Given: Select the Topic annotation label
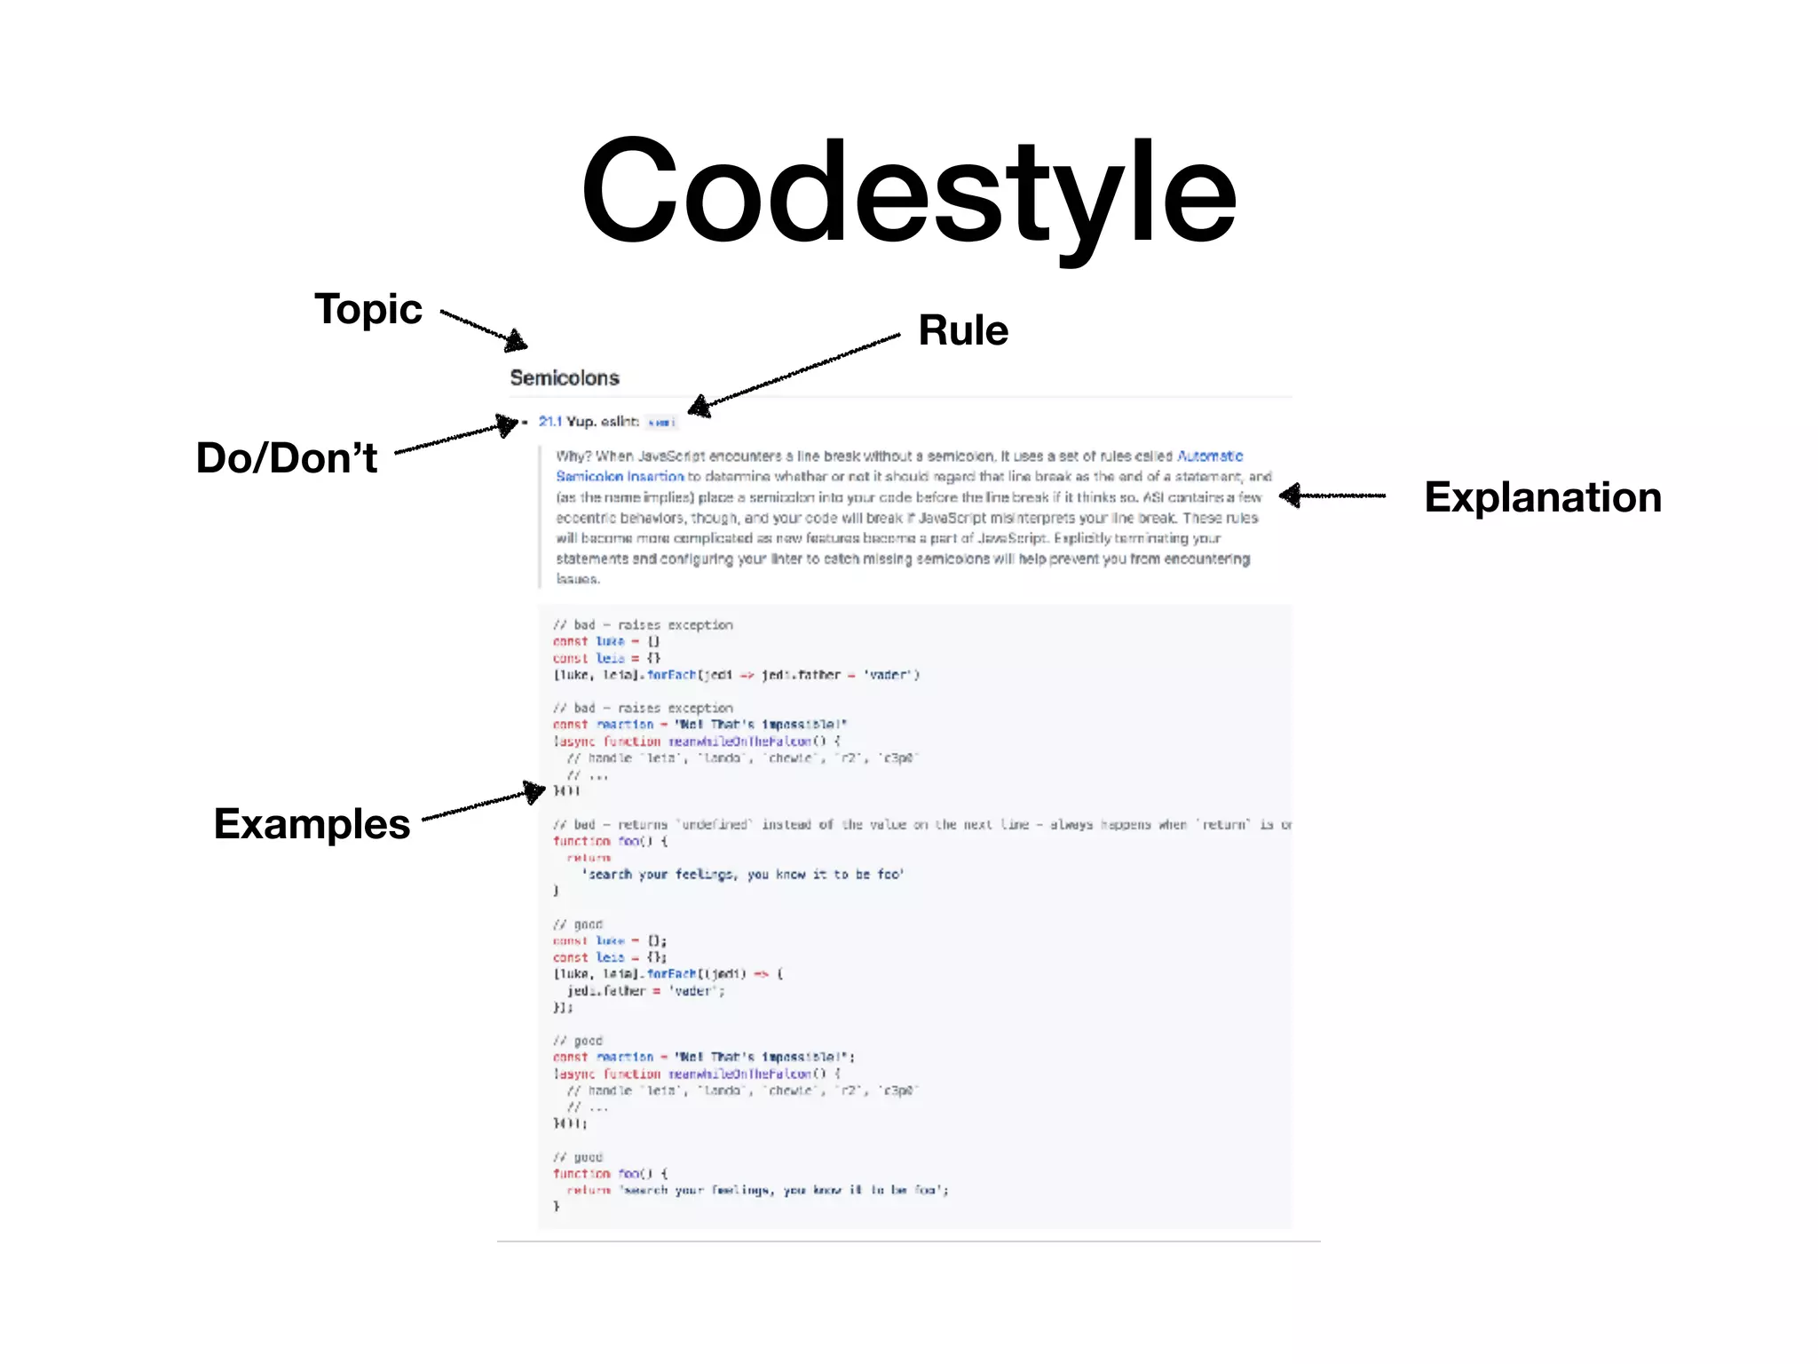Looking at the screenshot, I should (x=368, y=309).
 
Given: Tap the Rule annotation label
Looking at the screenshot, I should (x=963, y=330).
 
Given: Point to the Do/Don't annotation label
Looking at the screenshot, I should (x=287, y=458).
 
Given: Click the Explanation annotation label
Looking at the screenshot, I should (x=1542, y=497).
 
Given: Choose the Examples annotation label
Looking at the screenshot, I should (x=312, y=824).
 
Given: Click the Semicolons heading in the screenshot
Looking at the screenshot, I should (x=565, y=378).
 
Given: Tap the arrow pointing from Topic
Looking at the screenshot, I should (x=484, y=329).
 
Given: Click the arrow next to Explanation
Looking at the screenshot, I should (x=1332, y=496).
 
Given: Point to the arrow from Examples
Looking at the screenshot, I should (x=484, y=804).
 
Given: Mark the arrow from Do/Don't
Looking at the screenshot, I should (x=457, y=436).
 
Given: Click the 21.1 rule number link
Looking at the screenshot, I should (x=550, y=422).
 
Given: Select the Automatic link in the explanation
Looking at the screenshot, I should (x=1210, y=456).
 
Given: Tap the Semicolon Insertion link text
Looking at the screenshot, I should (x=620, y=477).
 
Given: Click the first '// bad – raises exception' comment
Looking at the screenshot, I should (x=643, y=625).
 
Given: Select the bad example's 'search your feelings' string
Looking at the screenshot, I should (x=743, y=875).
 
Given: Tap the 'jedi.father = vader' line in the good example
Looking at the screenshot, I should (x=645, y=991).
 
